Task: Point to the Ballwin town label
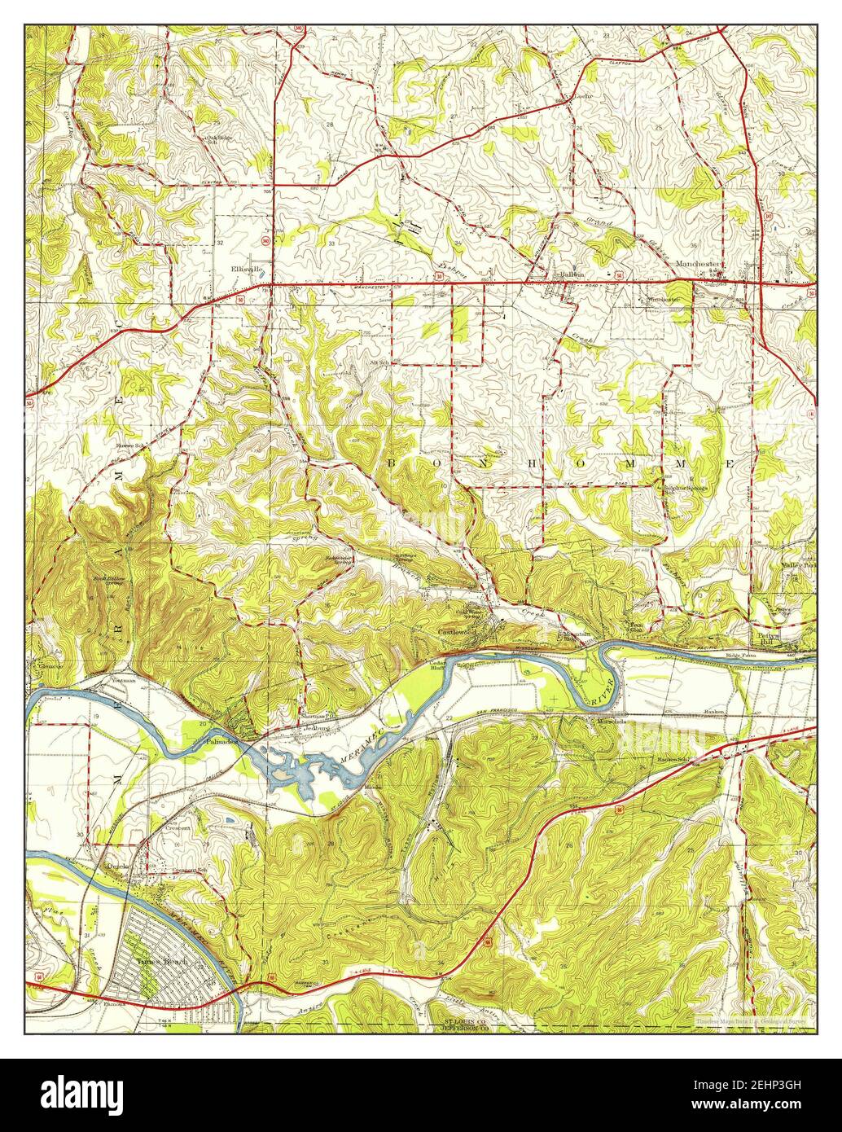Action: click(568, 274)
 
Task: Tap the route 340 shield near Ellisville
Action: click(255, 241)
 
